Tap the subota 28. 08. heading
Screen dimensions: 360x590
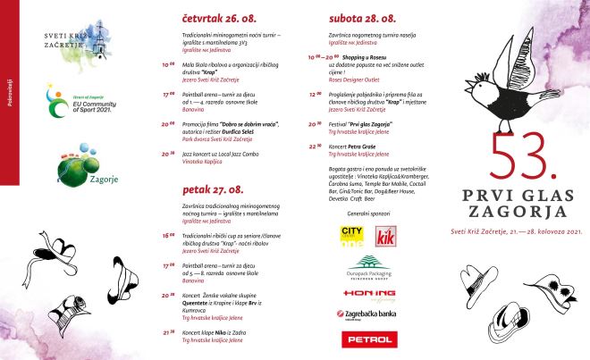coord(362,16)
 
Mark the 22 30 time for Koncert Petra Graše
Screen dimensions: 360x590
coord(313,145)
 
